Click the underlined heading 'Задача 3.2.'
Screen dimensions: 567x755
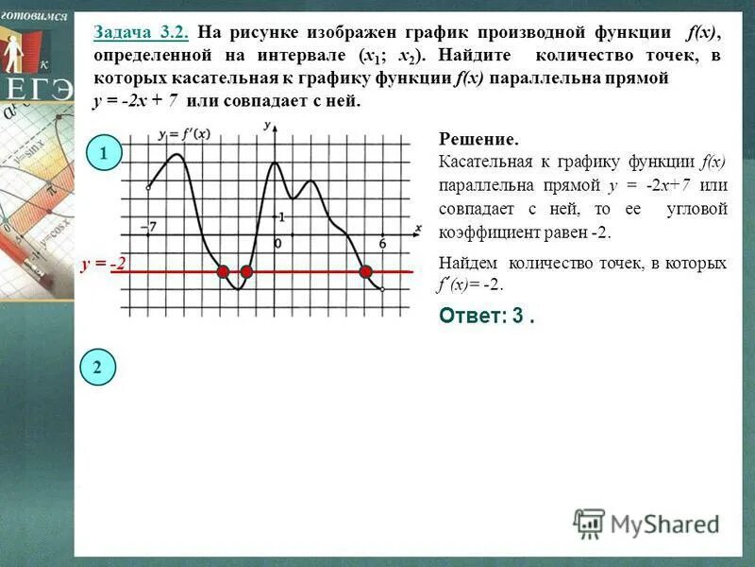(x=142, y=33)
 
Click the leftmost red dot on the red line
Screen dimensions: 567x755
(x=224, y=272)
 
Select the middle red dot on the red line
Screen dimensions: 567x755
(x=246, y=272)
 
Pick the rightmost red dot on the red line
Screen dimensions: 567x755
(x=366, y=272)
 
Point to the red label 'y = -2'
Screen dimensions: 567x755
(x=104, y=266)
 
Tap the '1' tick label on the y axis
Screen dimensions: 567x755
(x=280, y=217)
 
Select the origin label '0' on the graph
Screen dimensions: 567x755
(x=277, y=243)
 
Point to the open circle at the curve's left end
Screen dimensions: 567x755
(x=148, y=189)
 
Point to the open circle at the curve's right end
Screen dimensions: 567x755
(x=382, y=289)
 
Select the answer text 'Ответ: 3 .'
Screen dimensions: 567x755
(x=487, y=317)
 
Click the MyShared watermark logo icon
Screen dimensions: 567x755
(x=589, y=523)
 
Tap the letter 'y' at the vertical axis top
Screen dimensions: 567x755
(x=268, y=125)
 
